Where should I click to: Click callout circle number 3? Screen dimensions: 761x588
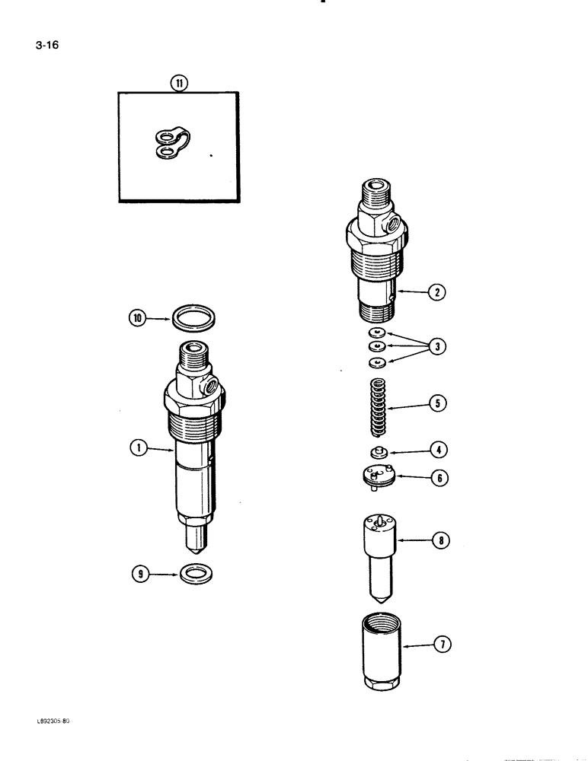point(436,345)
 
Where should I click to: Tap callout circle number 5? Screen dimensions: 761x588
point(436,403)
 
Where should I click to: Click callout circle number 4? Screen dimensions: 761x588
point(437,450)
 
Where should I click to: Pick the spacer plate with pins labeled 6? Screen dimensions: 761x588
point(378,476)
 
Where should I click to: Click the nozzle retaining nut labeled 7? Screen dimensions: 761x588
point(379,649)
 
